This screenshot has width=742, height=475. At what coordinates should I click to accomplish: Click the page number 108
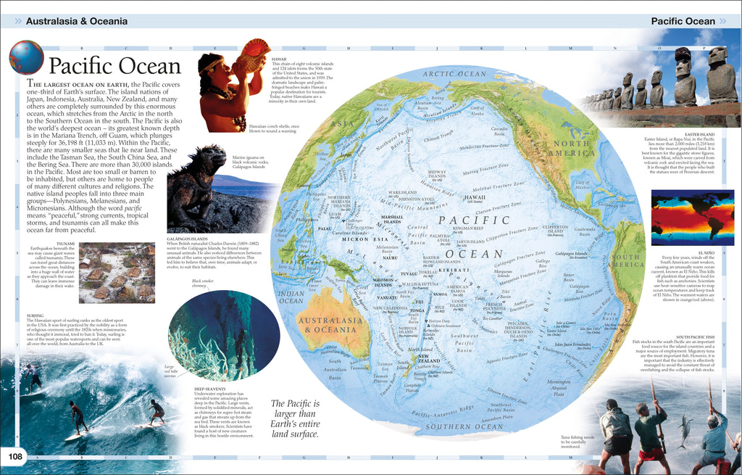(x=14, y=456)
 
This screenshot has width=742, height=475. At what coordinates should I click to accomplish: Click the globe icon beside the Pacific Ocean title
(x=26, y=57)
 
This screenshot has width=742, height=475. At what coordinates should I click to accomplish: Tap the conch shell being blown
(x=255, y=55)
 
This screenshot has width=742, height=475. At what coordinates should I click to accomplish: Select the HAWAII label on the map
(x=475, y=197)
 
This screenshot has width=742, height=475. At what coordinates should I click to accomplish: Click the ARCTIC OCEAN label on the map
(x=454, y=74)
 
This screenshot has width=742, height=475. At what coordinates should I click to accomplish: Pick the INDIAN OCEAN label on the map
(x=291, y=297)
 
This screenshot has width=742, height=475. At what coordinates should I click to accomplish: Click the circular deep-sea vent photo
(x=224, y=334)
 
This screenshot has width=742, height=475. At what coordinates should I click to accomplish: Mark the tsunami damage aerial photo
(x=116, y=272)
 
